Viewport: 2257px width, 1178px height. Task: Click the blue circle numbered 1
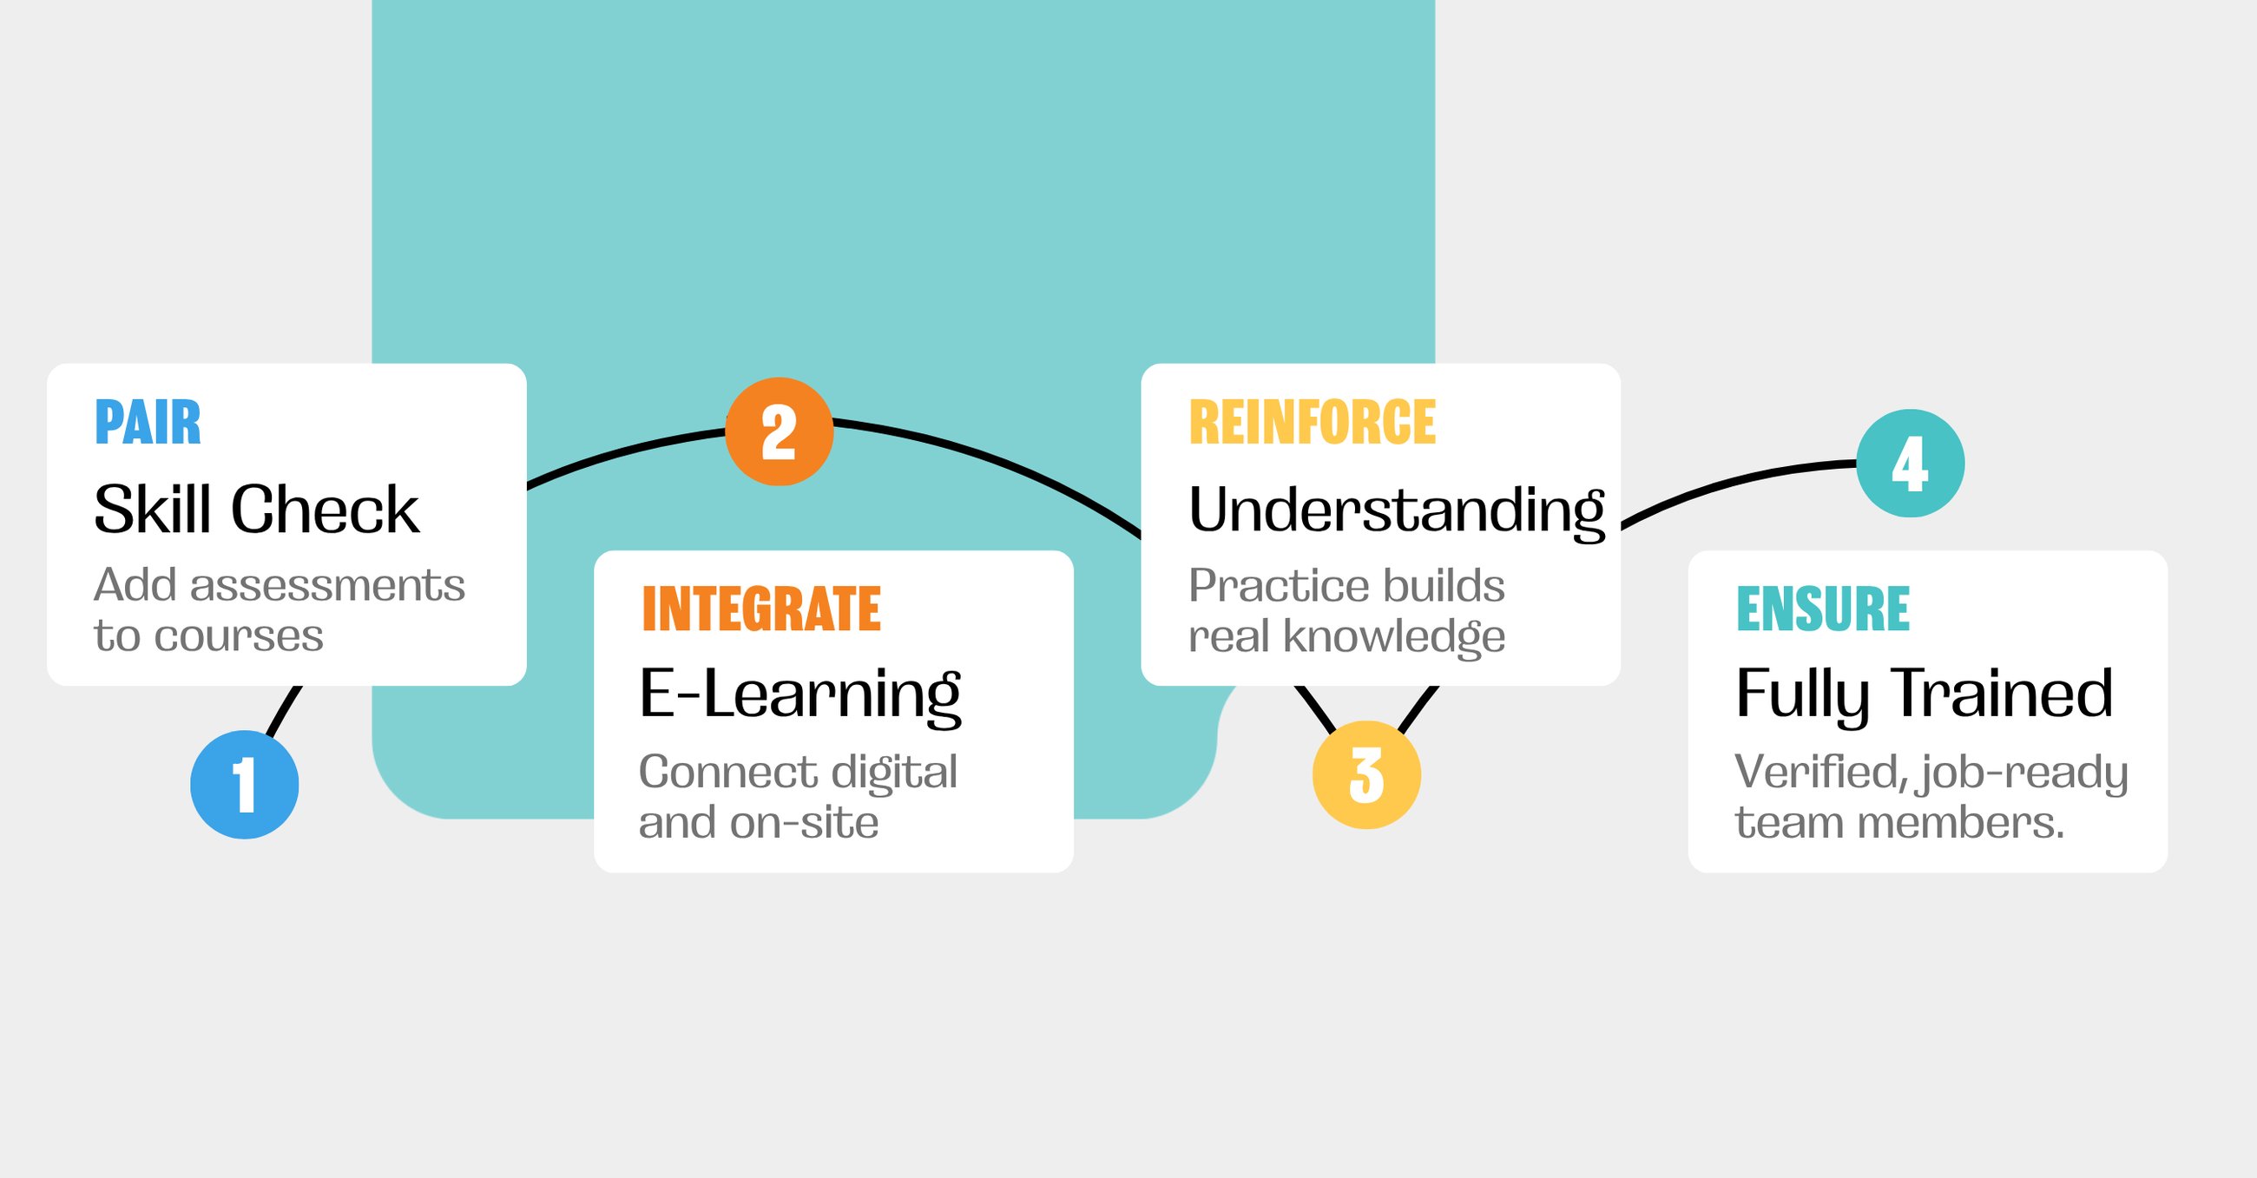[x=245, y=785]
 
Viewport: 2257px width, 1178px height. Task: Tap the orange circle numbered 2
[x=779, y=431]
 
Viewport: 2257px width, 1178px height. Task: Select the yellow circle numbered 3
[x=1366, y=775]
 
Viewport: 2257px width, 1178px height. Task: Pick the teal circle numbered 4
[x=1910, y=463]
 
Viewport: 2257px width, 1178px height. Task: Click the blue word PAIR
[x=148, y=423]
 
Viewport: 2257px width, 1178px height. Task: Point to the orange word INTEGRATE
[x=761, y=609]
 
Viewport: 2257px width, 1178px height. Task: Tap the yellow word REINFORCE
[x=1313, y=423]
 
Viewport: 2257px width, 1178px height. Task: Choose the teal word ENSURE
[x=1823, y=609]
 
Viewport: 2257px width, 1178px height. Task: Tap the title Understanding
[x=1397, y=512]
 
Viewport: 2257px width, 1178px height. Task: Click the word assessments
[x=327, y=585]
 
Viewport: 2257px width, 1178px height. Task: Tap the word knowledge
[x=1394, y=637]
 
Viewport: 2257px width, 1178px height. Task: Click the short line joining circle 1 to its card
[x=284, y=711]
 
